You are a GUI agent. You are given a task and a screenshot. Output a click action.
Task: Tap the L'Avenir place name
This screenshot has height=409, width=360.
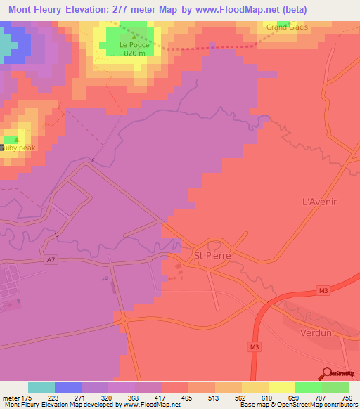[321, 202]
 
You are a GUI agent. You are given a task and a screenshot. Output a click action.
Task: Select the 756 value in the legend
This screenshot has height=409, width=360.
[347, 397]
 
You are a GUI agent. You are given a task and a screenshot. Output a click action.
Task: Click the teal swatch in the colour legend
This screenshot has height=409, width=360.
[41, 387]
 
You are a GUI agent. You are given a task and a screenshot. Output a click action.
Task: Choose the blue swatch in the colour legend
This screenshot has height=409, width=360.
[68, 387]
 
